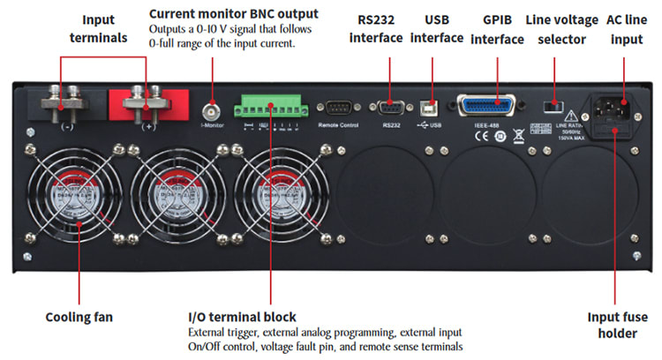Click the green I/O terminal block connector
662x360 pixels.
pos(266,108)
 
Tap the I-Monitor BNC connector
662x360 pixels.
pos(211,112)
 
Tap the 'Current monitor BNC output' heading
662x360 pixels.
pos(233,14)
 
